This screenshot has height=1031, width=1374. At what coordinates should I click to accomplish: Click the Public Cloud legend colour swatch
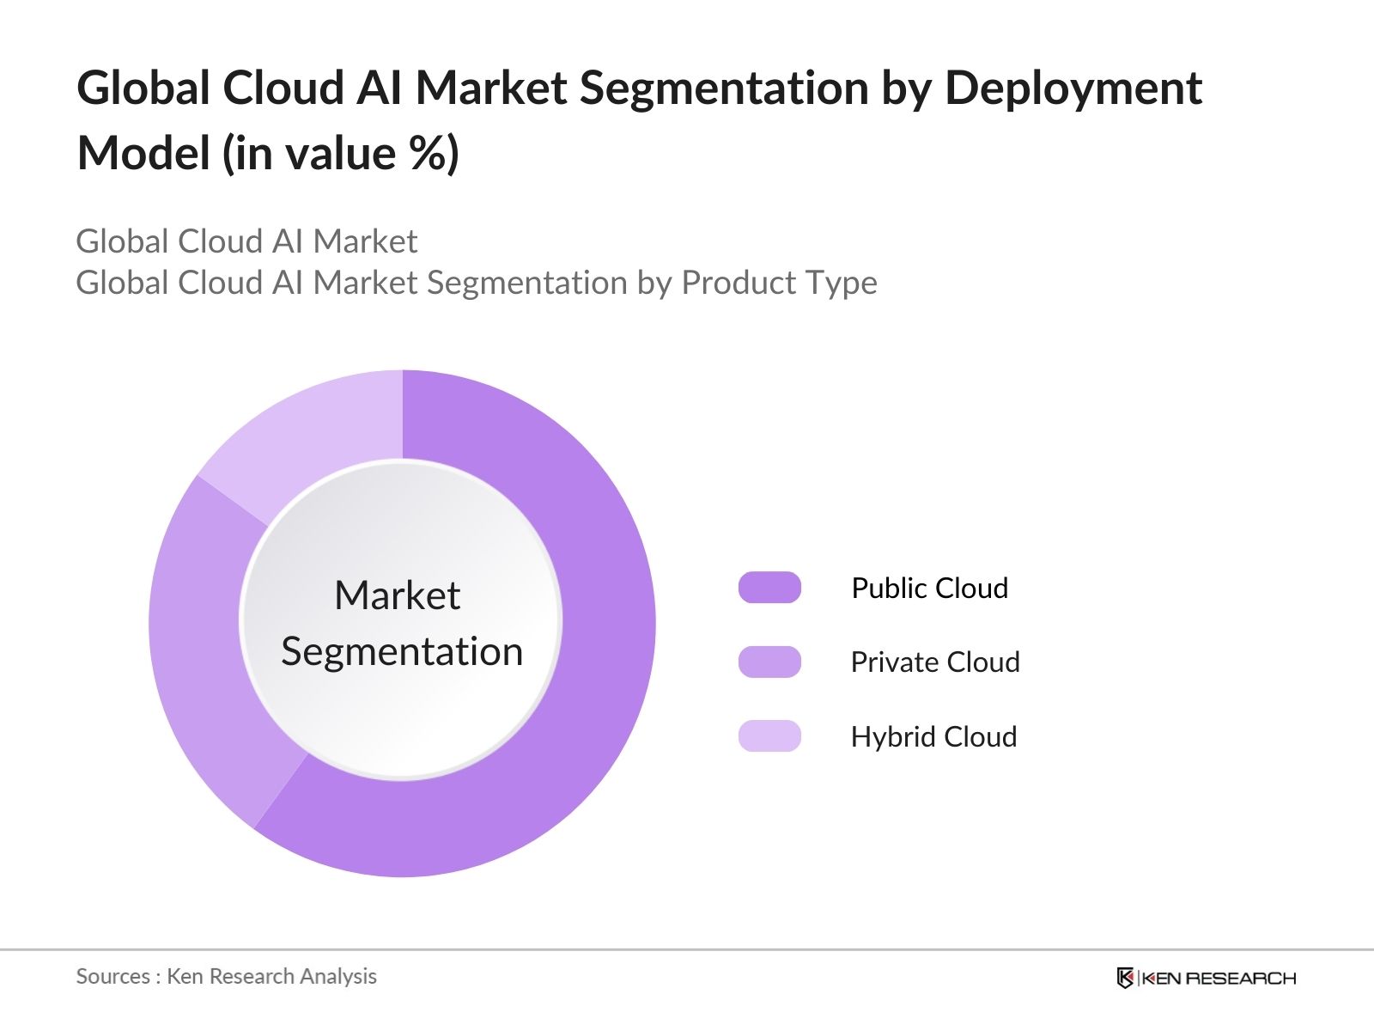pos(769,588)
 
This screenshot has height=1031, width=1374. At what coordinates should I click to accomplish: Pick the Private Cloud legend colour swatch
pos(769,662)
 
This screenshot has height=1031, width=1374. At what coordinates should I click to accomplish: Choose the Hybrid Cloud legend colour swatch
pos(769,736)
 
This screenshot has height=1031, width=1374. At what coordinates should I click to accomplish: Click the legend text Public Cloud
pos(929,589)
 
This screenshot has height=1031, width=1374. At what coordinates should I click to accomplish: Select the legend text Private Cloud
pos(935,662)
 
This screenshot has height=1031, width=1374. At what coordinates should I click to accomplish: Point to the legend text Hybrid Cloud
pos(933,737)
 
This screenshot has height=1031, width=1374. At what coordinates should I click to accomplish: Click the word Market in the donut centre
pos(397,595)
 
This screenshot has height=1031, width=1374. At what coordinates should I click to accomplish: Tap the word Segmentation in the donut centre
pos(402,651)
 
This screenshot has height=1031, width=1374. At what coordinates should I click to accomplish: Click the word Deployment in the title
pos(1073,88)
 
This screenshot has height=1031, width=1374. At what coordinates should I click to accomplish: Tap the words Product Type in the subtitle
pos(779,283)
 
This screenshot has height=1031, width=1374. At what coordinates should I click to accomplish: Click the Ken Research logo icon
pos(1125,978)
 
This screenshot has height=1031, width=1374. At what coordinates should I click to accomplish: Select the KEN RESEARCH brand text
pos(1219,978)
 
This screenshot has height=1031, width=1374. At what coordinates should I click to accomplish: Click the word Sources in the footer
pos(113,977)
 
